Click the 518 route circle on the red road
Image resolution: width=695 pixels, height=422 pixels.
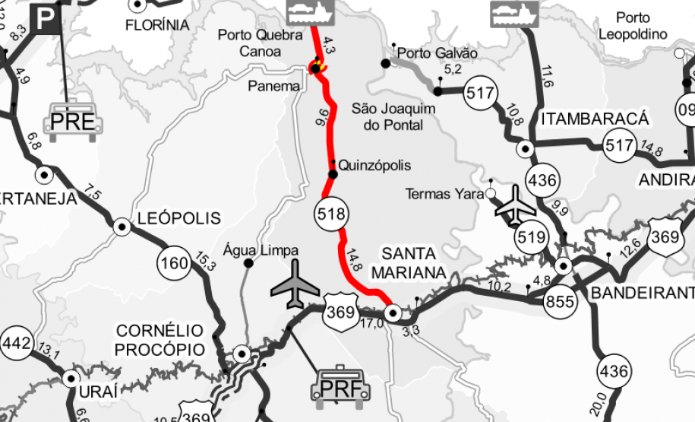pos(331,214)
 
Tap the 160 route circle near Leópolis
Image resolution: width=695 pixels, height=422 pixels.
pos(173,264)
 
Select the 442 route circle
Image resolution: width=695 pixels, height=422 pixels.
pos(16,343)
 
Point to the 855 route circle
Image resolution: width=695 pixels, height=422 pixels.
pos(560,302)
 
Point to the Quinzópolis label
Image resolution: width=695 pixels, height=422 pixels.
pos(374,165)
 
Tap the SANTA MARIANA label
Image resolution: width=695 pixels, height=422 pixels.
pos(409,263)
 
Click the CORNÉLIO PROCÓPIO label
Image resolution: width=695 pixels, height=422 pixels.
pos(160,340)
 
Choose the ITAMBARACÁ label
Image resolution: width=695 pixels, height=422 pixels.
pos(595,119)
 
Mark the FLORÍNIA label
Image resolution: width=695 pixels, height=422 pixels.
pos(157,24)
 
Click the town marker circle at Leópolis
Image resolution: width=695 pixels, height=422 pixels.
pos(121,227)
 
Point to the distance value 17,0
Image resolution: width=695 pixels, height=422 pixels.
pos(371,323)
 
